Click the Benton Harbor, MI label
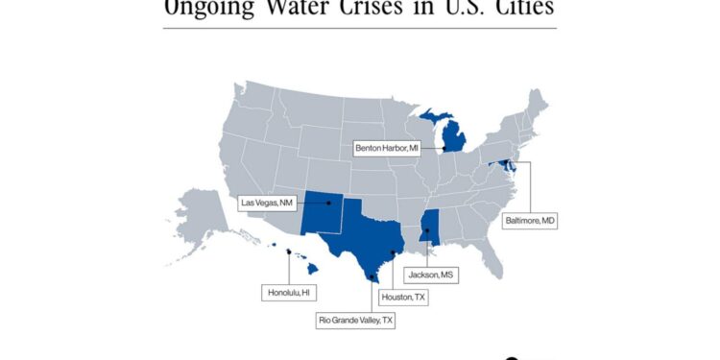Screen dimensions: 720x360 387,149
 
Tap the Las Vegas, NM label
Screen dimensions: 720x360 268,203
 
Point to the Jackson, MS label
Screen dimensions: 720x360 428,275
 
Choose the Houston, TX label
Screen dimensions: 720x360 403,298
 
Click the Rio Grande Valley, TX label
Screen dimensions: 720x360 355,319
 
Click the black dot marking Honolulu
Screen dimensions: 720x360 289,252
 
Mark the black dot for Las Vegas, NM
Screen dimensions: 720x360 328,203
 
